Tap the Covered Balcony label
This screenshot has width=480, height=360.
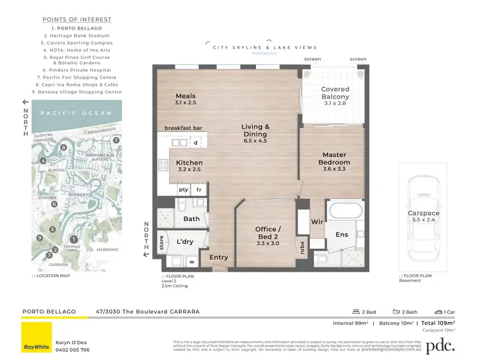(x=335, y=94)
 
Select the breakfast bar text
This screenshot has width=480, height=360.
(x=183, y=128)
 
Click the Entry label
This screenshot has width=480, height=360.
(x=218, y=258)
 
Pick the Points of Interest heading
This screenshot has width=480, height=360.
(x=77, y=20)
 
